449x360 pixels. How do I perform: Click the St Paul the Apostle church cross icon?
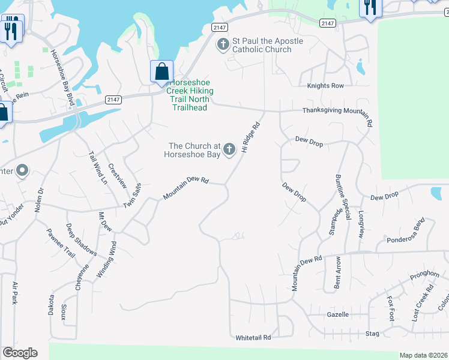(x=223, y=44)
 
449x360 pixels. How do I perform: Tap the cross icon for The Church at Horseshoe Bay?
(x=229, y=149)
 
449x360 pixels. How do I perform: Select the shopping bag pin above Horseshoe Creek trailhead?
(x=161, y=71)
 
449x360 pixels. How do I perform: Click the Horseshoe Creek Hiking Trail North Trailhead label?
(x=188, y=95)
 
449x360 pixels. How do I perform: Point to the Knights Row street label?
(x=325, y=86)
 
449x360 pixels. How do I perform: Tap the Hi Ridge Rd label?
(x=250, y=137)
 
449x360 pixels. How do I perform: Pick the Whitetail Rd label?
(x=253, y=338)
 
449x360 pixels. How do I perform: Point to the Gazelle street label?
(x=338, y=314)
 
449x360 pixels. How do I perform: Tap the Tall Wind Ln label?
(x=97, y=167)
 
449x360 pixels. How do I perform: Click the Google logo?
(x=20, y=353)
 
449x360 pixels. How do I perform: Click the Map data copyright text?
(x=423, y=355)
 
